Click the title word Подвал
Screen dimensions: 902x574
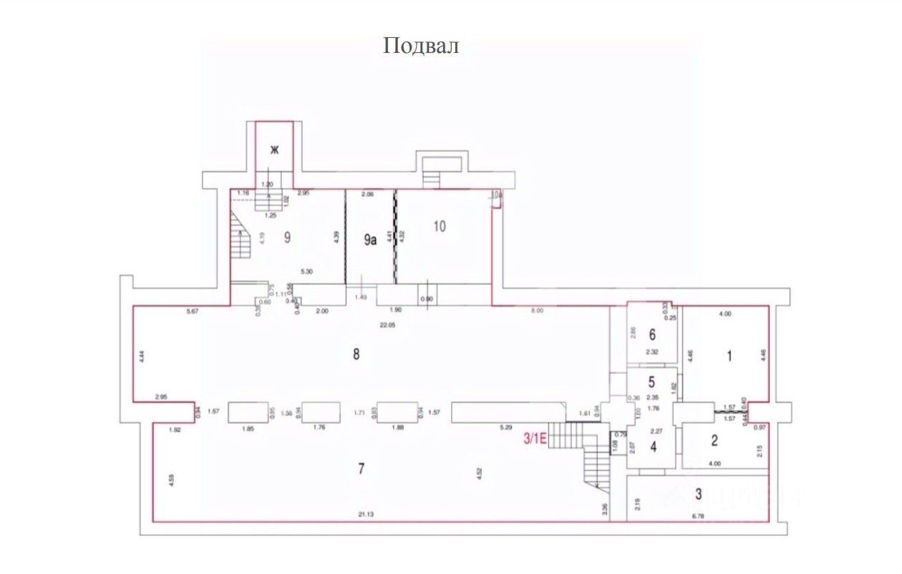point(420,47)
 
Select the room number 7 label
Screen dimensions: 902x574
point(362,469)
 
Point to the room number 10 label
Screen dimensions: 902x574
point(440,226)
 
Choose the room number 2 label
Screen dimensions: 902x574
point(714,441)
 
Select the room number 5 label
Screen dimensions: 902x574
point(651,382)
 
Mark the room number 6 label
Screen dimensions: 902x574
point(652,334)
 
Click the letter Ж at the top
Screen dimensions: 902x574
point(273,150)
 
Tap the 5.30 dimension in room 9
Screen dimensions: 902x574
point(307,271)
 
